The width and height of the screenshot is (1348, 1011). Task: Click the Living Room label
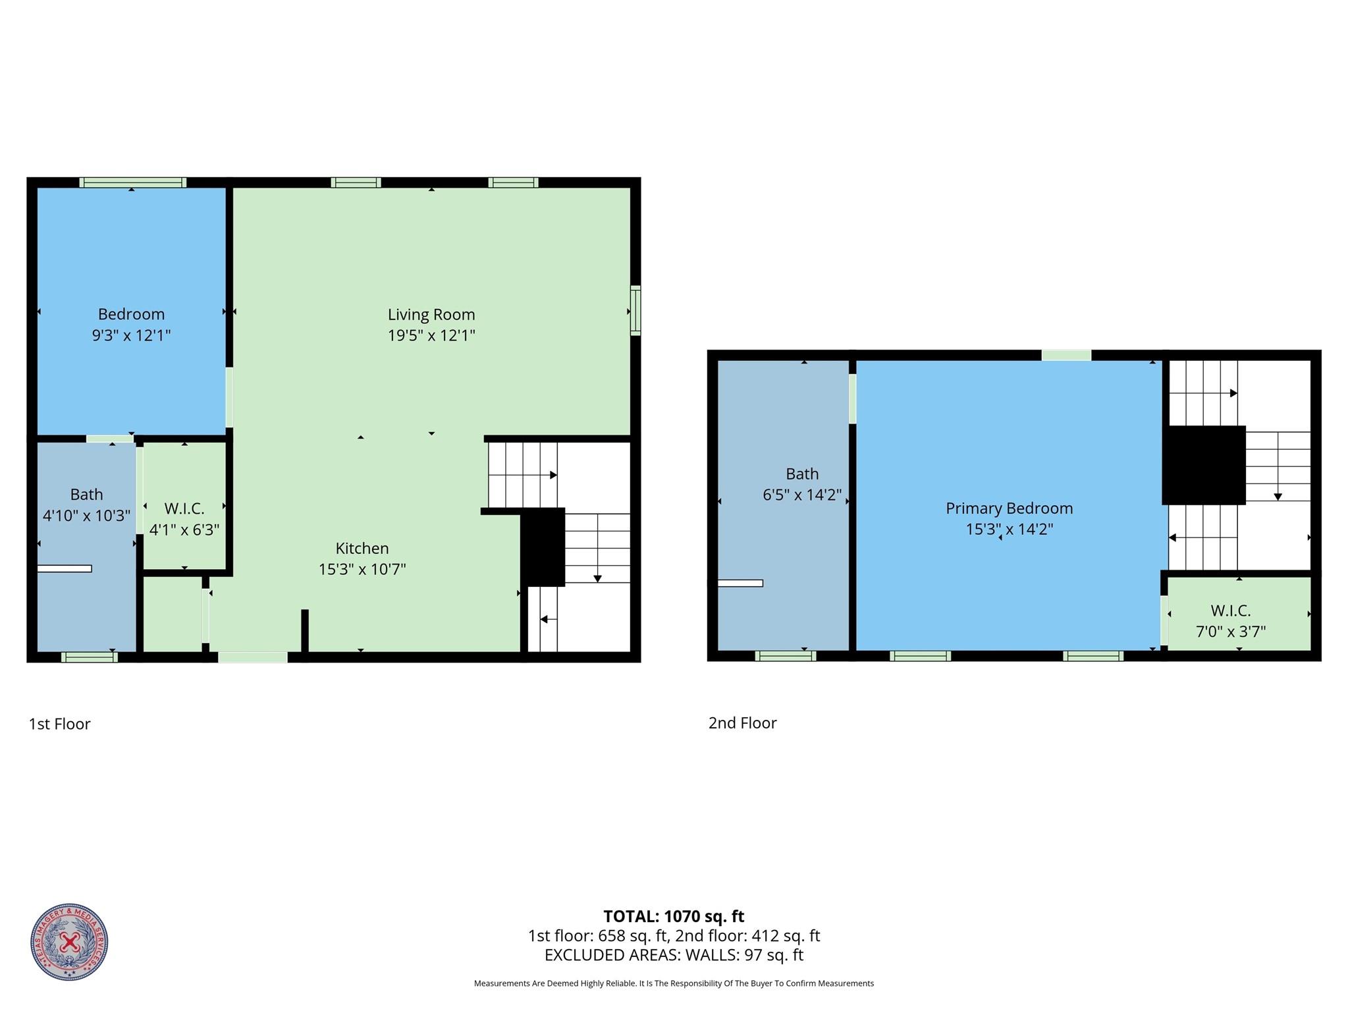click(x=431, y=314)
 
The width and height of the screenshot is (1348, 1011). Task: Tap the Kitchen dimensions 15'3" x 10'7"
click(x=362, y=569)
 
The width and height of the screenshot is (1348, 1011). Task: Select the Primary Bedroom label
click(x=1010, y=508)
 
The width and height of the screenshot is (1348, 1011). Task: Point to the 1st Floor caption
click(x=59, y=724)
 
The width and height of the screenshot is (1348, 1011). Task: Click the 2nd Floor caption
click(x=742, y=723)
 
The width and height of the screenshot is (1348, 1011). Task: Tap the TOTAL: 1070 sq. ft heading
click(x=674, y=916)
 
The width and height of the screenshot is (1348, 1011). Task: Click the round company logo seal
click(x=69, y=942)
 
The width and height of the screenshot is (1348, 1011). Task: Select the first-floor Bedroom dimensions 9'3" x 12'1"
click(x=131, y=335)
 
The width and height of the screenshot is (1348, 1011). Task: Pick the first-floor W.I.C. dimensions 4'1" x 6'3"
click(x=184, y=530)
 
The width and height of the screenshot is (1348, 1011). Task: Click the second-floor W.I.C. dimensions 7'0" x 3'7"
click(x=1231, y=632)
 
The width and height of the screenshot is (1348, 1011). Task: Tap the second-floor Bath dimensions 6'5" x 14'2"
click(x=802, y=495)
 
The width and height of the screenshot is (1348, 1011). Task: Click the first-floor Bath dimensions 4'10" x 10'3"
click(x=86, y=515)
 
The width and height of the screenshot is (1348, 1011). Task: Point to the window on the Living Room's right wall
click(x=635, y=310)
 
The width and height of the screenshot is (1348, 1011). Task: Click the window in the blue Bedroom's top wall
click(x=133, y=182)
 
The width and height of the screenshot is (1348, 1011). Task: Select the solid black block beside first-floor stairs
click(x=543, y=547)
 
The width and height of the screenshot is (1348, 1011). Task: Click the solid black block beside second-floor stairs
click(x=1204, y=465)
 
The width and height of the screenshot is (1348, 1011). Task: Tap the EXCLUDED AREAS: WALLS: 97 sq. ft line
click(x=674, y=954)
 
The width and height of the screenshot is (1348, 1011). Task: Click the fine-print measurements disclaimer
click(x=674, y=983)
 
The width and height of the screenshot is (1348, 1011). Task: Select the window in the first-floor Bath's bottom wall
click(x=90, y=657)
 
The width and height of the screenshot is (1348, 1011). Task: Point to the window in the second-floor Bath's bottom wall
click(x=786, y=656)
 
